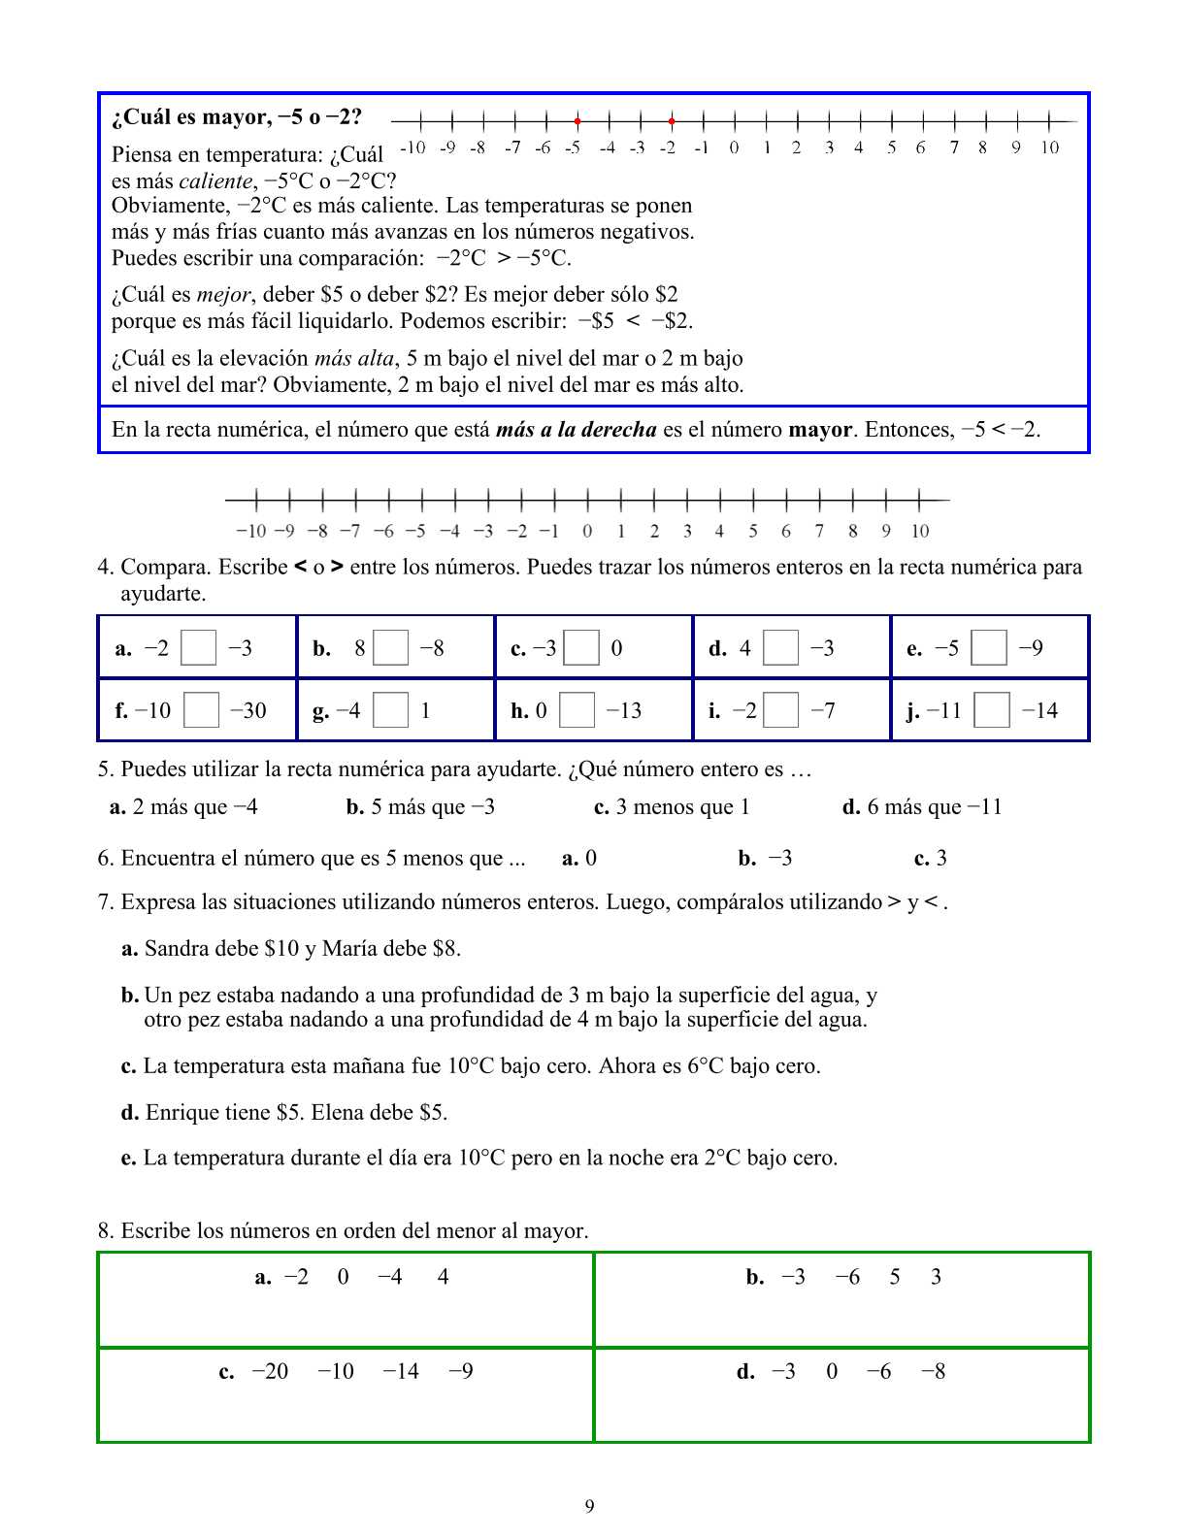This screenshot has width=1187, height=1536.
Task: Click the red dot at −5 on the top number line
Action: (x=577, y=121)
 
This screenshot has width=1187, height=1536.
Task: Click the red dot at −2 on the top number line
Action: (x=672, y=121)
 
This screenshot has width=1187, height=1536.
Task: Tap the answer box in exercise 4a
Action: (x=198, y=648)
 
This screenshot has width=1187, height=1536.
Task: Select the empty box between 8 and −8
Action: (x=391, y=648)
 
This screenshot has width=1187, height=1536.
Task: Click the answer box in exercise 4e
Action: (x=989, y=648)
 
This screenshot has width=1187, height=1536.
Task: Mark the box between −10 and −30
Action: (x=202, y=711)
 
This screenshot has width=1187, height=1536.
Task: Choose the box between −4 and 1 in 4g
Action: (x=390, y=711)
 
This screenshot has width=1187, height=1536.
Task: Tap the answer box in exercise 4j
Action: (x=992, y=711)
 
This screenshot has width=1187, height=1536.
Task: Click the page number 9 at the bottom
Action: (x=590, y=1506)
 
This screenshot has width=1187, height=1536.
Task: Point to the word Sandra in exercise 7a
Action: (x=174, y=948)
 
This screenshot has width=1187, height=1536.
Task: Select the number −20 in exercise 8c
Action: (x=270, y=1371)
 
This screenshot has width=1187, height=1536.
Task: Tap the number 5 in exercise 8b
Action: (x=895, y=1276)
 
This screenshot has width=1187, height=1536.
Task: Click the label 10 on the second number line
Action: (x=919, y=531)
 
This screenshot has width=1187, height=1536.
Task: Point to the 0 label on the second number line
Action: (x=587, y=531)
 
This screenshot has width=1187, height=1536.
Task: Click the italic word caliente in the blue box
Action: (x=214, y=180)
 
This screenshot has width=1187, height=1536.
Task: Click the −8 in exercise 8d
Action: (x=933, y=1371)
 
